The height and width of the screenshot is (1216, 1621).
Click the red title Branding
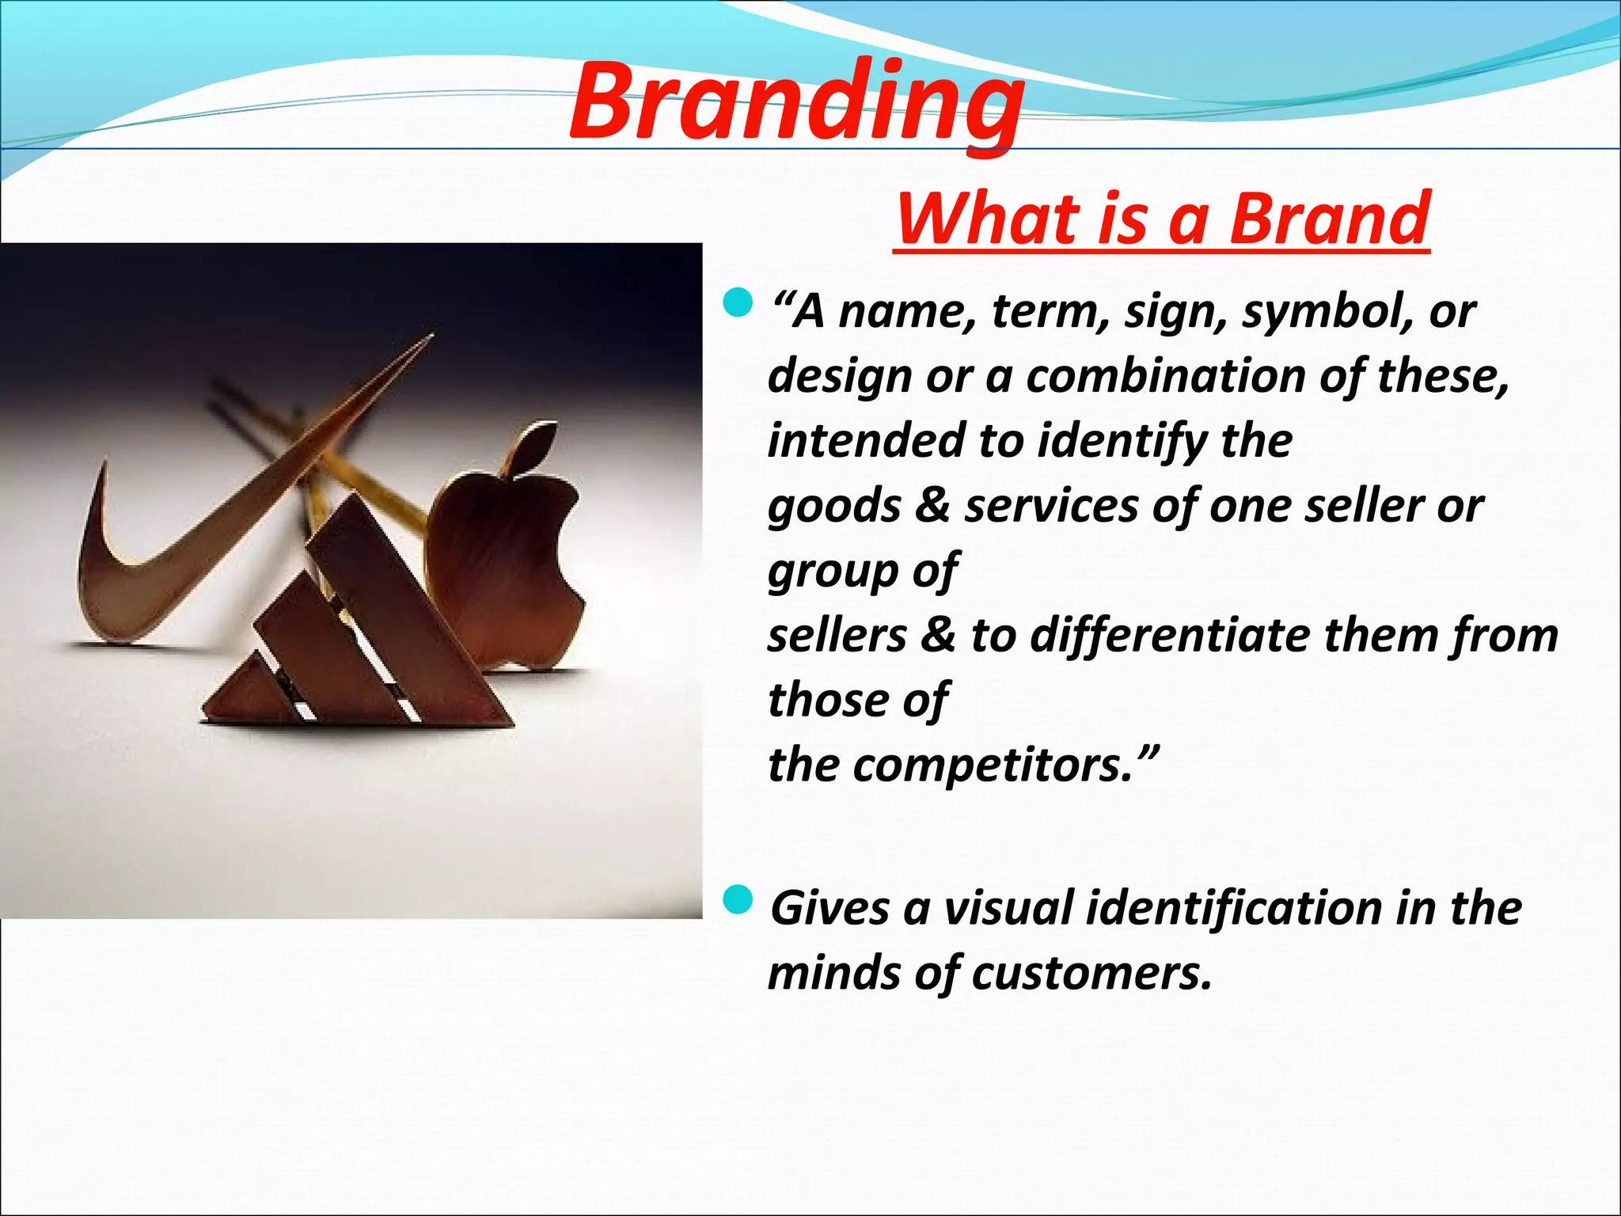795,103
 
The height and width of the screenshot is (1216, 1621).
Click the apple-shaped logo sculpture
507,570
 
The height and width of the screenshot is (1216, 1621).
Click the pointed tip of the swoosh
430,336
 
